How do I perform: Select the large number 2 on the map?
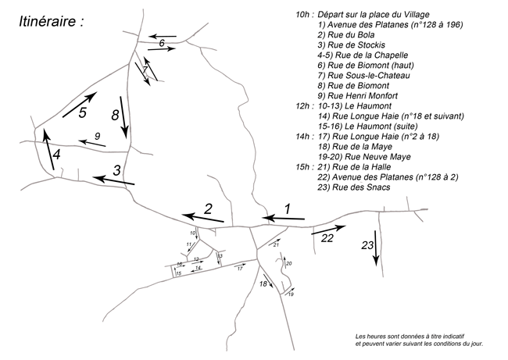(x=208, y=208)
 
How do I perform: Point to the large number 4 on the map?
(x=82, y=112)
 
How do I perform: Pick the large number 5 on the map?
(x=161, y=44)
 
